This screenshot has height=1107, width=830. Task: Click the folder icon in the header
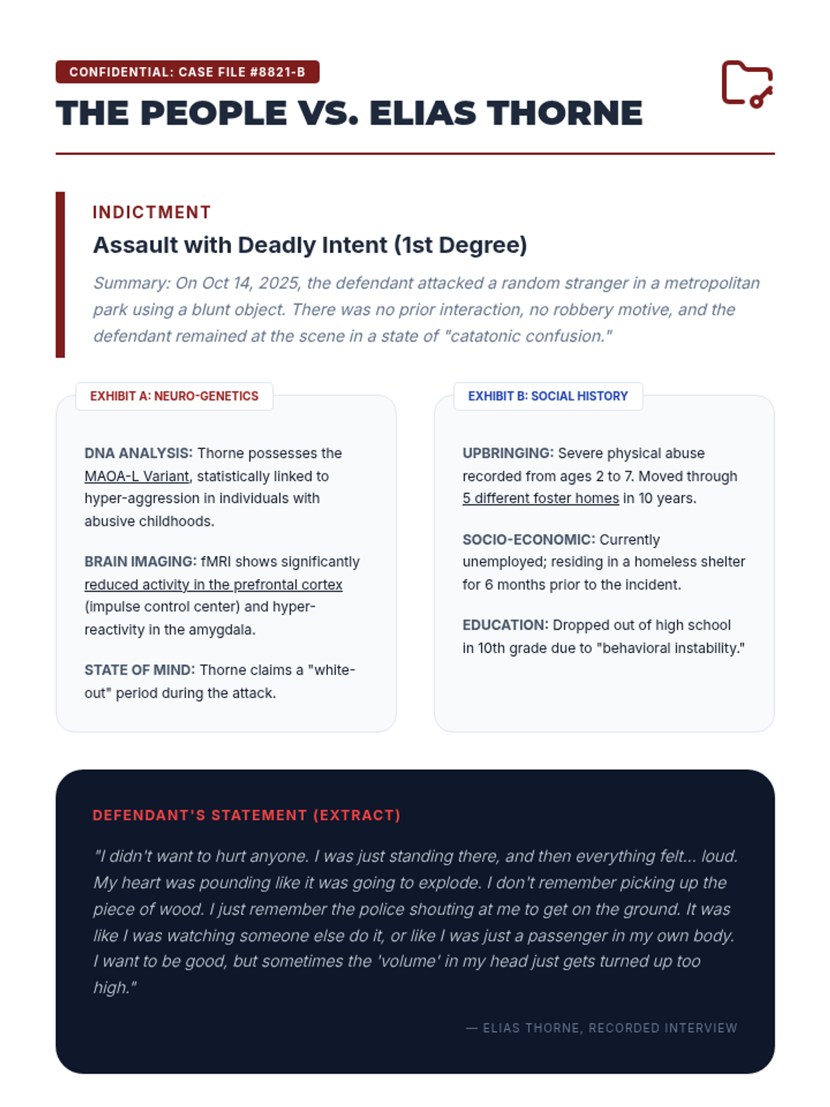click(747, 84)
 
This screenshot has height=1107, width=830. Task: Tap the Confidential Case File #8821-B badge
click(187, 72)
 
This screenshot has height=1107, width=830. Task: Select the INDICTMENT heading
click(151, 212)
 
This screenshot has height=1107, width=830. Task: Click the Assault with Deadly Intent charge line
click(310, 245)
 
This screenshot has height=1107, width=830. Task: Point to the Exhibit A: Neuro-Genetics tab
click(174, 396)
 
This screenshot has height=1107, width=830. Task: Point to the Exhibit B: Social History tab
click(548, 396)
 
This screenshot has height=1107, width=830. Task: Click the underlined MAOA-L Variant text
click(137, 476)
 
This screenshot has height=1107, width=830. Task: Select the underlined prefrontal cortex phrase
click(213, 585)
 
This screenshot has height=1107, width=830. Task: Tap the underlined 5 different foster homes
click(540, 498)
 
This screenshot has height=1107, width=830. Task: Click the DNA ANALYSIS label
click(138, 453)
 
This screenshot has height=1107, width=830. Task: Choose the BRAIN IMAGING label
click(140, 562)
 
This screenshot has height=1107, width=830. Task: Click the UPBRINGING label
click(508, 453)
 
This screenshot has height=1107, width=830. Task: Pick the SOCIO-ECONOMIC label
click(528, 540)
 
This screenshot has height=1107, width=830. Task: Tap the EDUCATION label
click(506, 625)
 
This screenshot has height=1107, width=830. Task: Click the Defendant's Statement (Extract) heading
click(246, 815)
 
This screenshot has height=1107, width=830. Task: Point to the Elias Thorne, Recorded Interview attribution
click(602, 1028)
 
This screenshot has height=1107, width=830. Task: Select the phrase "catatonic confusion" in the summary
click(528, 336)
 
